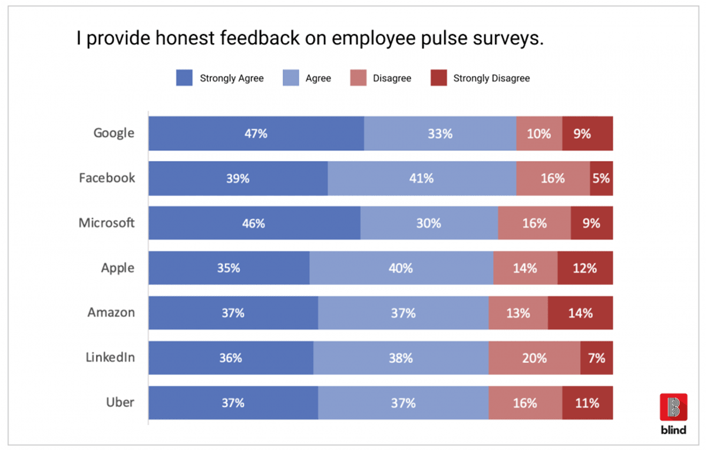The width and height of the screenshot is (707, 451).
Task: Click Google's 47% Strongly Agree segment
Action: tap(256, 134)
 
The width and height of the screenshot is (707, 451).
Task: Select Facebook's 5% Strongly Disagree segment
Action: tap(602, 178)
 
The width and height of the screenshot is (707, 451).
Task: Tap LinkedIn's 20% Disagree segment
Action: tap(534, 358)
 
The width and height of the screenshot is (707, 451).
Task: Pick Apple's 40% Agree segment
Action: tap(401, 268)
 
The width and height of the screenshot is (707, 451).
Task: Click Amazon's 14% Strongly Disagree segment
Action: tap(580, 313)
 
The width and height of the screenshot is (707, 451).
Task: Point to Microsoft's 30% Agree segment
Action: tap(428, 224)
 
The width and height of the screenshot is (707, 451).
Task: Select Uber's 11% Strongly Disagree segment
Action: tap(587, 403)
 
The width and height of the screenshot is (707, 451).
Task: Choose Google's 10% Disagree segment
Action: tap(539, 134)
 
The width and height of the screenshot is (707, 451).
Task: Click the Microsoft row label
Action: tap(107, 223)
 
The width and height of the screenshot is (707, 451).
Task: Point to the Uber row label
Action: tap(120, 403)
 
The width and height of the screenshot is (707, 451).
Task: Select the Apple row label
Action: tap(117, 268)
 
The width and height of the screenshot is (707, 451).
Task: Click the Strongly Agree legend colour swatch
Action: tap(184, 78)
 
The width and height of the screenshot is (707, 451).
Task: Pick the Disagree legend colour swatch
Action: tap(358, 78)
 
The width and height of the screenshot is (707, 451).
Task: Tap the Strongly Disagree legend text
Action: tap(491, 78)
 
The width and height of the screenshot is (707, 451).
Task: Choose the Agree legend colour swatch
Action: tap(290, 78)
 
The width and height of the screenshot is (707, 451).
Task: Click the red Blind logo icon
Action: tap(673, 407)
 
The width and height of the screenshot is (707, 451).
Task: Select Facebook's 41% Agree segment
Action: tap(421, 178)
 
